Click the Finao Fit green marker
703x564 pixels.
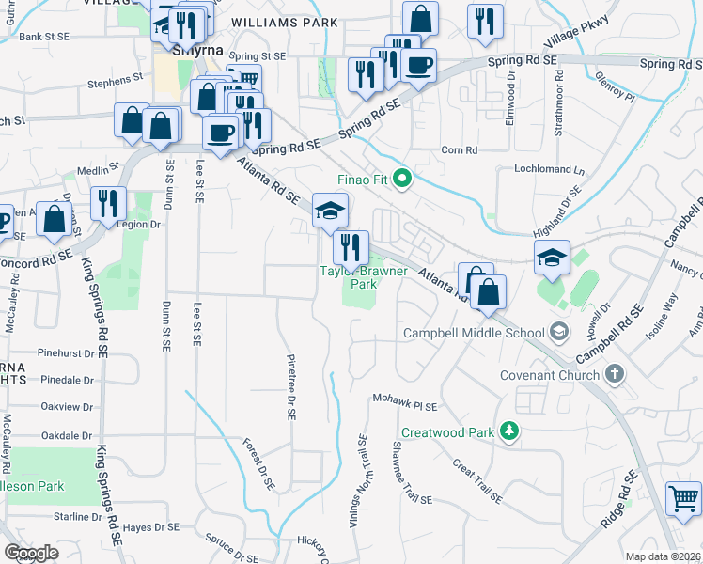[403, 178]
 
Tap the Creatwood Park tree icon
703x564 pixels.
[509, 431]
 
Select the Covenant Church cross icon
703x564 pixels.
[614, 375]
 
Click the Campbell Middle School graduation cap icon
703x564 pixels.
[559, 332]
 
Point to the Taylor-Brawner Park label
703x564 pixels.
[364, 276]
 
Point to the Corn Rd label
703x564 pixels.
[460, 149]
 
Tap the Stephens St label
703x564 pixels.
[114, 82]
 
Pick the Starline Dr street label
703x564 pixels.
[76, 517]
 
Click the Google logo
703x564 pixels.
[31, 553]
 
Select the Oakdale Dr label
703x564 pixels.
[67, 436]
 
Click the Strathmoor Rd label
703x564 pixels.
[558, 107]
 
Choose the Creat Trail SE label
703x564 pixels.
[476, 480]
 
